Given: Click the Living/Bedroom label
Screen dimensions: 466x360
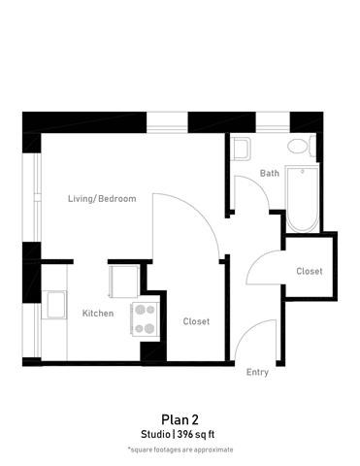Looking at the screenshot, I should (101, 199).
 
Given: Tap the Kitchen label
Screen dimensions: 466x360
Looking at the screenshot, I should (97, 314).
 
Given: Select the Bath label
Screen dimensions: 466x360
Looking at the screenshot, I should (270, 174).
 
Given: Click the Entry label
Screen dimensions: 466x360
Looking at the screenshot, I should (257, 373).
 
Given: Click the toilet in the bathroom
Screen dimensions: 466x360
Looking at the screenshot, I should (300, 148).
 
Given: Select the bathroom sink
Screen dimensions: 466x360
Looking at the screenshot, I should (241, 149).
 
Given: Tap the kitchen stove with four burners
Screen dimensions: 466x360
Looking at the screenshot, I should (145, 318).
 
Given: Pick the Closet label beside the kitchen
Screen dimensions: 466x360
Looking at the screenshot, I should (196, 321).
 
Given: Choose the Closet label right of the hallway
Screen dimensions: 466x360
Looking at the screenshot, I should (310, 272).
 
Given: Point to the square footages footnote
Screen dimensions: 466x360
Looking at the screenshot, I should (180, 450).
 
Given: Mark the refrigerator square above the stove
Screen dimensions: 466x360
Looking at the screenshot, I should (124, 281).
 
